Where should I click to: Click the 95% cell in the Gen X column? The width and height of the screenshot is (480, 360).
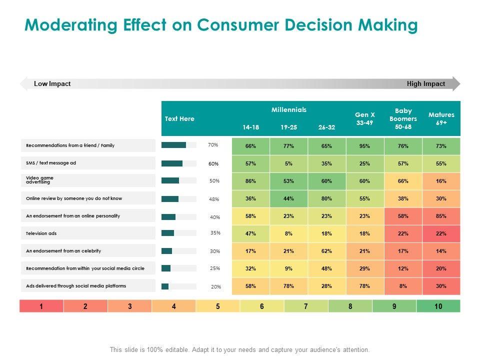(x=364, y=146)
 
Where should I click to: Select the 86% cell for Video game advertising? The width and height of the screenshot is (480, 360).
(x=250, y=181)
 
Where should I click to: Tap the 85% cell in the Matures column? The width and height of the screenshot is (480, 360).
(x=441, y=216)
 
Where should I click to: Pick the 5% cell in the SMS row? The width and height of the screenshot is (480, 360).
(x=288, y=163)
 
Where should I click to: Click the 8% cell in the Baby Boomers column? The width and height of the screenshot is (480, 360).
(x=403, y=286)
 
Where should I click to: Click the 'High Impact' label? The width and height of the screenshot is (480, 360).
(x=426, y=84)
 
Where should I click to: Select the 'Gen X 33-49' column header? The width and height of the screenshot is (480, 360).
(x=365, y=118)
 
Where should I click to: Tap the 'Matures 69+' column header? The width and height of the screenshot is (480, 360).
(x=441, y=118)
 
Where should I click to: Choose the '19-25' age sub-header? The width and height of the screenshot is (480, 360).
(x=288, y=127)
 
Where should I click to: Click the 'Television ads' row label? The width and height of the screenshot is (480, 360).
(x=41, y=233)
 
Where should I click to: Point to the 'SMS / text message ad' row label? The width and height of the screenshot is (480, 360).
(x=51, y=163)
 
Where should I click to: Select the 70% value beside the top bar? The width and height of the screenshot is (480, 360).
(x=213, y=145)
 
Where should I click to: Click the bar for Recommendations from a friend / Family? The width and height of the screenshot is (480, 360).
(x=174, y=145)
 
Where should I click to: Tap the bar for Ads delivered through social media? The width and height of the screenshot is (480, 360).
(x=165, y=286)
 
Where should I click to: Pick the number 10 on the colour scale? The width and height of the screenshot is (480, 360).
(x=438, y=306)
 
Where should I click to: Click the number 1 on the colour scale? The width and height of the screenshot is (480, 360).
(x=41, y=306)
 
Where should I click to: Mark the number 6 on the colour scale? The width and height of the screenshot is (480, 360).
(x=262, y=306)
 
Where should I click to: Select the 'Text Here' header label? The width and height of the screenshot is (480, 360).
(x=179, y=118)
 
